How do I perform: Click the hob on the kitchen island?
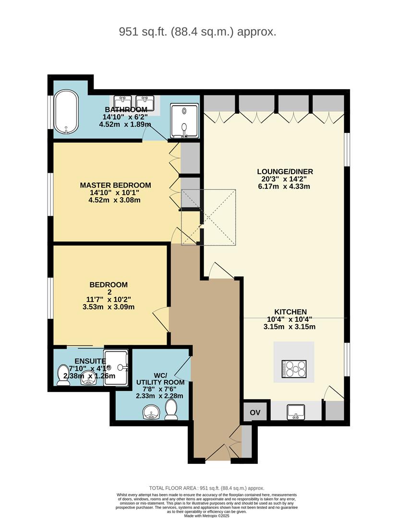(294, 368)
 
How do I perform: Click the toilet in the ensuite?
(62, 375)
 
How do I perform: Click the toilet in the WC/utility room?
(171, 410)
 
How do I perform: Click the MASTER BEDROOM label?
(115, 185)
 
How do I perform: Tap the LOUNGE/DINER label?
(281, 171)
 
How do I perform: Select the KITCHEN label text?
(290, 312)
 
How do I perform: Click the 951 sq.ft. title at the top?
(198, 32)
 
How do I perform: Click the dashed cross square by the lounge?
(208, 217)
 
